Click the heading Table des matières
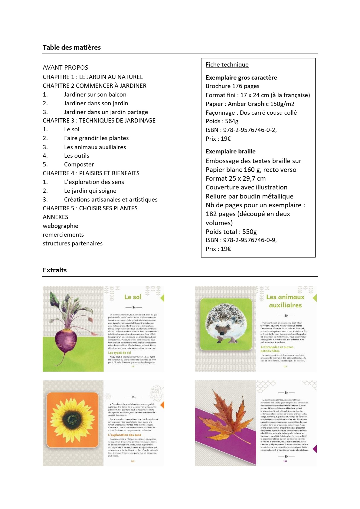coord(72,47)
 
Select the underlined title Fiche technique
coord(227,64)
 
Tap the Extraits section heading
coord(55,270)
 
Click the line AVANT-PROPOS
coord(65,67)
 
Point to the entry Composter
coord(79,164)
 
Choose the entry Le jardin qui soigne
coord(90,191)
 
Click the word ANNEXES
coord(55,217)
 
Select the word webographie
coord(61,226)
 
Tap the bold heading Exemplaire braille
coord(231,151)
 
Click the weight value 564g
coord(231,121)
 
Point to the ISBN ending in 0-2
coord(241,130)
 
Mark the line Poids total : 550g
coord(231,232)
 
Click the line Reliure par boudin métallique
coord(249,196)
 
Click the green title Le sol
coord(133,297)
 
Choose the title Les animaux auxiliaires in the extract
coord(285,301)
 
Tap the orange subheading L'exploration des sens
coord(125,435)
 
